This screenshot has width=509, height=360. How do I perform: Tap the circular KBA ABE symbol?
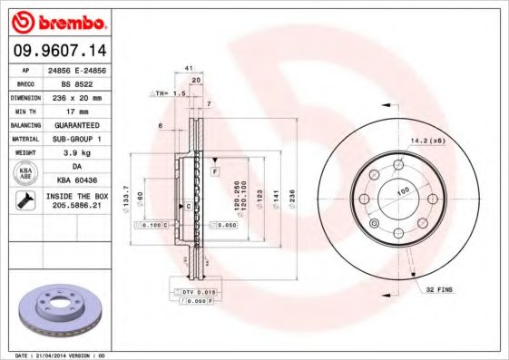(26, 173)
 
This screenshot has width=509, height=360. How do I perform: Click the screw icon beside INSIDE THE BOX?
(26, 201)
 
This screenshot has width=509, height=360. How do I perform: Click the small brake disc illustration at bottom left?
(61, 308)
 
